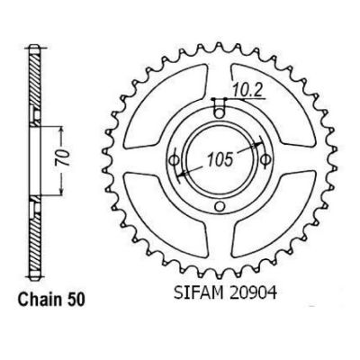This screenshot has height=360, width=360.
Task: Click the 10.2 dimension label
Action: [x=247, y=90]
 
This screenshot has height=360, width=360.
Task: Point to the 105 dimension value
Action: [x=220, y=159]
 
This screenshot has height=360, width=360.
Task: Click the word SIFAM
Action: [x=198, y=293]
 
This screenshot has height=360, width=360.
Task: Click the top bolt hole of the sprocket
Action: [x=220, y=113]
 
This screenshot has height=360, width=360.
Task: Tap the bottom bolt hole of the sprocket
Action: [x=220, y=206]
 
